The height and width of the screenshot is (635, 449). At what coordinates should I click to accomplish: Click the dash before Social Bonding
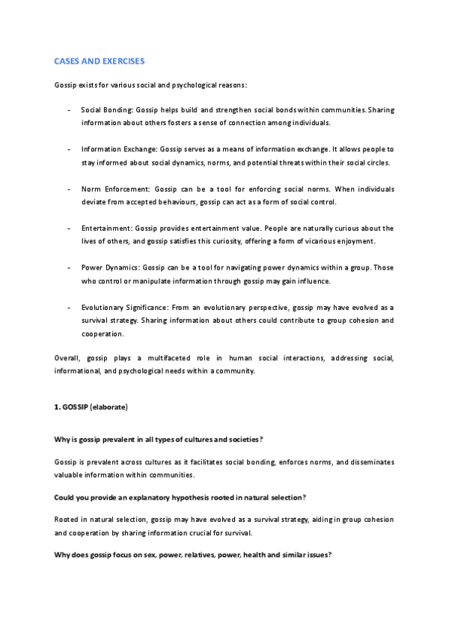(69, 110)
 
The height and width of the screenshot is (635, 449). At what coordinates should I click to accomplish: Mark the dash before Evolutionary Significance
(69, 307)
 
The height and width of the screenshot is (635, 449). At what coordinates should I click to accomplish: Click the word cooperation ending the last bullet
(103, 333)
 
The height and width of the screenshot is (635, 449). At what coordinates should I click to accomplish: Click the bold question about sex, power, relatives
(193, 558)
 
